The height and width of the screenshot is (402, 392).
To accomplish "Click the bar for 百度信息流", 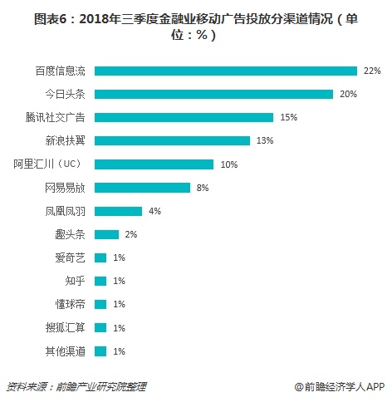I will [x=226, y=71].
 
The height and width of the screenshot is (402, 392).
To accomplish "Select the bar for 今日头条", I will [x=214, y=94].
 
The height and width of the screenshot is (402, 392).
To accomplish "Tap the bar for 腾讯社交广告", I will [x=184, y=117].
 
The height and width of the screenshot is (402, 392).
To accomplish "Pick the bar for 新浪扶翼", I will [x=173, y=140].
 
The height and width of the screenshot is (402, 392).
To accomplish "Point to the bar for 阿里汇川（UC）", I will [x=154, y=164].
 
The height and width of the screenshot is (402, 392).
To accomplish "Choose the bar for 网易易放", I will [x=143, y=188].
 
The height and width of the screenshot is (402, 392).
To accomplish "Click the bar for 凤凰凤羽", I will [x=119, y=211].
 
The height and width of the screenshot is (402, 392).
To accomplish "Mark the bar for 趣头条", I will [x=107, y=234].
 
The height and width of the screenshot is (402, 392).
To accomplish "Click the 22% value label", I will [x=371, y=71].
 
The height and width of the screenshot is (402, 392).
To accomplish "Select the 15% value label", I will [x=289, y=118].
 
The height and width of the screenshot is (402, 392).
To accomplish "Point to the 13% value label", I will [x=265, y=141].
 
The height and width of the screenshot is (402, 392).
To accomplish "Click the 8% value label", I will [x=203, y=188].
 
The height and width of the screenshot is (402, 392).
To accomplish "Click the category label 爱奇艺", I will [x=71, y=258].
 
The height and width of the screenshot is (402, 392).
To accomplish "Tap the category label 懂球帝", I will [x=71, y=305].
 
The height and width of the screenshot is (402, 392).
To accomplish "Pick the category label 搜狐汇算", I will [x=66, y=328].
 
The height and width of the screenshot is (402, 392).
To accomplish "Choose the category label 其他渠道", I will [x=66, y=351].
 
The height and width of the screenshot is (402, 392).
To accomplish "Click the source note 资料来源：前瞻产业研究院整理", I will [x=76, y=386].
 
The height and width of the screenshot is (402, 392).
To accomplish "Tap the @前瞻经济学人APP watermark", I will [x=339, y=386].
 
